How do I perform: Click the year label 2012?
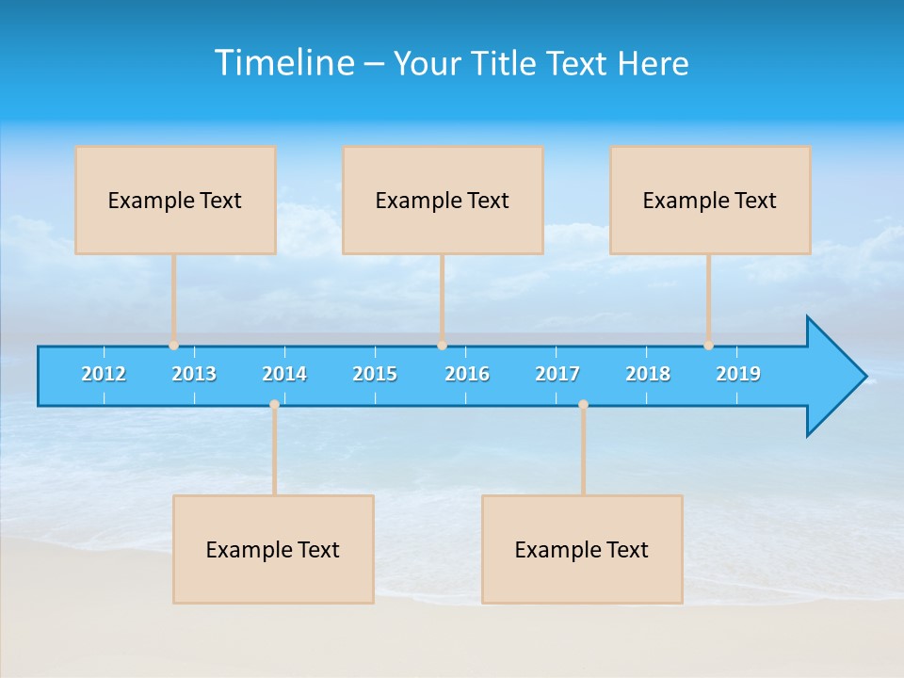tap(104, 374)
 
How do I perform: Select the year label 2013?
tap(194, 374)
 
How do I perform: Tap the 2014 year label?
tap(284, 374)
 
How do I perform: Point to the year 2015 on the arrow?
tap(375, 374)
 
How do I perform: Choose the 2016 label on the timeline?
tap(466, 374)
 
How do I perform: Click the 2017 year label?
tap(557, 374)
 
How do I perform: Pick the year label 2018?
tap(648, 374)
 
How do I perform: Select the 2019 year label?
tap(738, 374)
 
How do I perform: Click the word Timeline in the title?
tap(284, 63)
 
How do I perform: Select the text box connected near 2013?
tap(175, 201)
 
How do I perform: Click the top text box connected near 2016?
tap(443, 201)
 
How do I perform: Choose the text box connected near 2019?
tap(710, 201)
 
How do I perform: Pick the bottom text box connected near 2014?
tap(273, 550)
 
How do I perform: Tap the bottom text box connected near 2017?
tap(582, 550)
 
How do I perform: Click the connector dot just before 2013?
tap(173, 346)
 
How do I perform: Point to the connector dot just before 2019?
tap(708, 346)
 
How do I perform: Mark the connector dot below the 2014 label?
tap(274, 404)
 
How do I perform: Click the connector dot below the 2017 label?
tap(583, 404)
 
